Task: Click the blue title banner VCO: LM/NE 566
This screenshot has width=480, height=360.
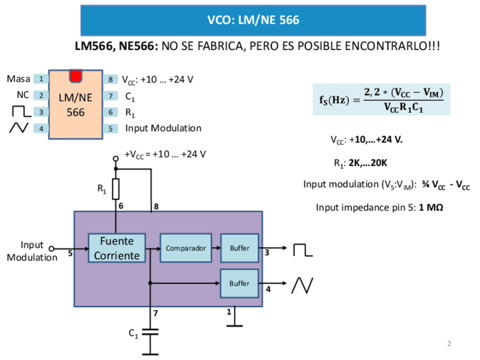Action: (x=253, y=20)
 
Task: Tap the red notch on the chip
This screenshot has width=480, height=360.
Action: (x=75, y=76)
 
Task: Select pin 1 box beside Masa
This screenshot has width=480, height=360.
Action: (x=41, y=79)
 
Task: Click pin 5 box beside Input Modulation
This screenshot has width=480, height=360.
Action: (x=110, y=128)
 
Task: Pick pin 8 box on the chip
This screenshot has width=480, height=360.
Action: (x=110, y=79)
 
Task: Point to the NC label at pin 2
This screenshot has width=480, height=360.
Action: (x=23, y=95)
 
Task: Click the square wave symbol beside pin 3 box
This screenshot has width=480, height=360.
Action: (x=22, y=112)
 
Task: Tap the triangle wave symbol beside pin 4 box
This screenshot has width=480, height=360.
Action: (x=19, y=128)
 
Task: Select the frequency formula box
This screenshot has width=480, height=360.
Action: (x=382, y=100)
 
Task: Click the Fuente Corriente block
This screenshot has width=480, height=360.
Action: (x=117, y=248)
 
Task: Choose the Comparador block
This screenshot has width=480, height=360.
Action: (x=186, y=248)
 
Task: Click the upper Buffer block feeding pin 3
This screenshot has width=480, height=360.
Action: (x=239, y=248)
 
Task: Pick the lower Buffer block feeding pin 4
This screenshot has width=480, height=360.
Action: (x=239, y=284)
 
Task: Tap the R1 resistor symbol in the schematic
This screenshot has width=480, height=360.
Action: (x=115, y=189)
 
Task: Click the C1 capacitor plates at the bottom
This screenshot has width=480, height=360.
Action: (x=150, y=332)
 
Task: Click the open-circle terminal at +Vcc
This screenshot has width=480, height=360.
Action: (x=115, y=158)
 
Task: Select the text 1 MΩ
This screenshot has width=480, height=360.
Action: (x=431, y=208)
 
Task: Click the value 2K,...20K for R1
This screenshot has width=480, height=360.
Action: (x=368, y=163)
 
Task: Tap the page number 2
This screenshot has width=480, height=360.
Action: (x=449, y=344)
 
